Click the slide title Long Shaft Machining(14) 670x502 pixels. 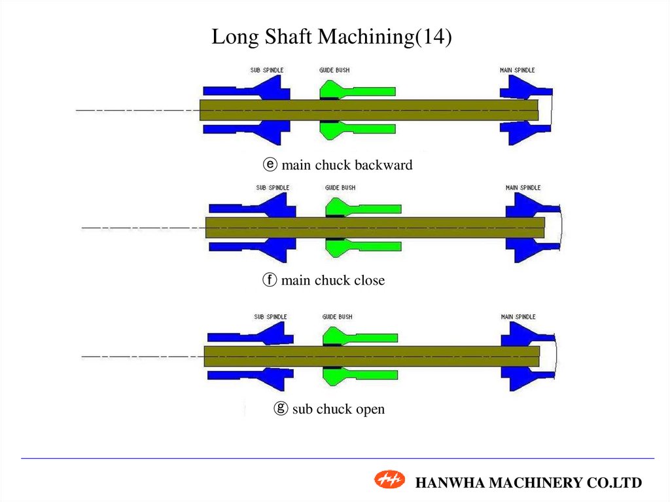(x=332, y=37)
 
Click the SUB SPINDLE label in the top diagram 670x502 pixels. (x=267, y=70)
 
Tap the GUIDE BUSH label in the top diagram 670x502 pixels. (x=334, y=70)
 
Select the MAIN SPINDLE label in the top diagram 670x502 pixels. (x=518, y=70)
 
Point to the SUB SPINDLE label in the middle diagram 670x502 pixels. (x=272, y=188)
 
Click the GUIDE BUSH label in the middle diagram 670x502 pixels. (x=340, y=188)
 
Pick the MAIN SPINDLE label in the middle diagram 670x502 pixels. (x=523, y=188)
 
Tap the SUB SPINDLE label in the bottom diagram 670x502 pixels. (x=270, y=317)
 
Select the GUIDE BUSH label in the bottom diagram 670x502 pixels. (x=337, y=317)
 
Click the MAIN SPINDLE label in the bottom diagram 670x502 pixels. (x=518, y=317)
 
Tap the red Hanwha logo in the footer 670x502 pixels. (x=390, y=480)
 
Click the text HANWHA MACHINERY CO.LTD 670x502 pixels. (x=529, y=483)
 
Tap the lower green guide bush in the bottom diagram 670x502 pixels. (x=360, y=376)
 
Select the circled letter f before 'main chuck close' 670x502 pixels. (x=269, y=281)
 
